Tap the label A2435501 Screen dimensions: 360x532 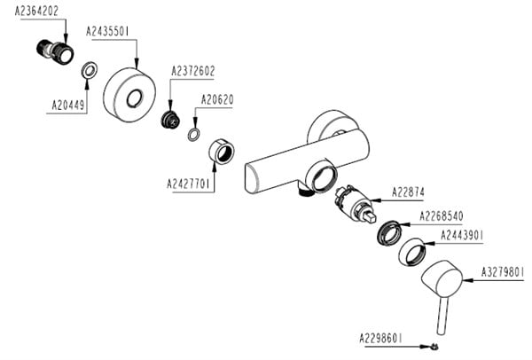[x=109, y=31]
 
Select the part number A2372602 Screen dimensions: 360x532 [x=193, y=71]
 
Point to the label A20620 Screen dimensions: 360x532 [x=217, y=99]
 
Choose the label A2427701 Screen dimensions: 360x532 [x=189, y=184]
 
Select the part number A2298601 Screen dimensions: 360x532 [x=382, y=338]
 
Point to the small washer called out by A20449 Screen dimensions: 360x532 [x=90, y=71]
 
